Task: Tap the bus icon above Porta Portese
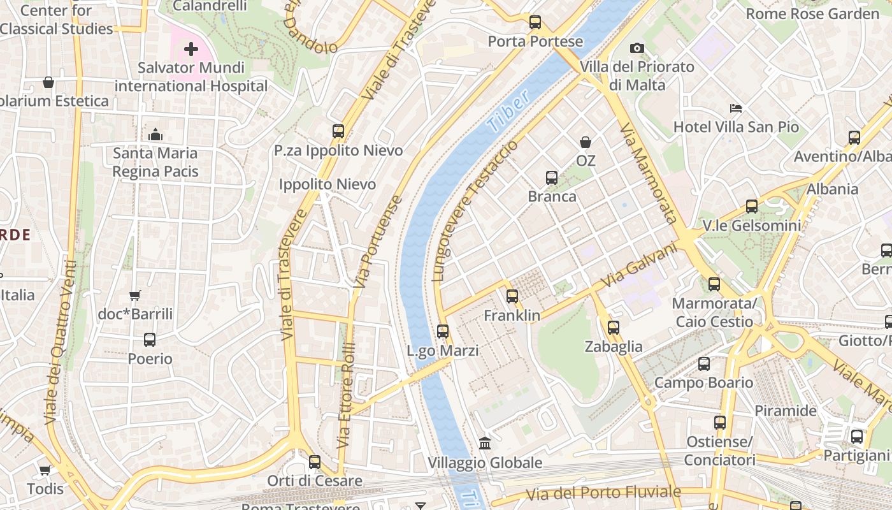tap(535, 22)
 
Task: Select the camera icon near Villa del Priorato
tap(637, 48)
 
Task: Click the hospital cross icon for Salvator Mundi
tap(191, 48)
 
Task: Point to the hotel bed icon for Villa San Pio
tap(736, 108)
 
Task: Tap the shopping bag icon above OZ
tap(586, 142)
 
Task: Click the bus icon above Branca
tap(552, 178)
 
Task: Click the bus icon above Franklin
tap(512, 296)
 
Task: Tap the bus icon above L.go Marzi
tap(443, 331)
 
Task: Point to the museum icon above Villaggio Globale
tap(485, 443)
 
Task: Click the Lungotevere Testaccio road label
tap(475, 211)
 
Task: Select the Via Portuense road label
tap(378, 242)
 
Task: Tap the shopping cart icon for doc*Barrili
tap(134, 295)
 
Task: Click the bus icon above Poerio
tap(150, 340)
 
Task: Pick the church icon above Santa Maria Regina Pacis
tap(155, 135)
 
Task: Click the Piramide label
tap(786, 411)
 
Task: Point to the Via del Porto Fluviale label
tap(603, 493)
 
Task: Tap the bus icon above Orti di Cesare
tap(315, 462)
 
